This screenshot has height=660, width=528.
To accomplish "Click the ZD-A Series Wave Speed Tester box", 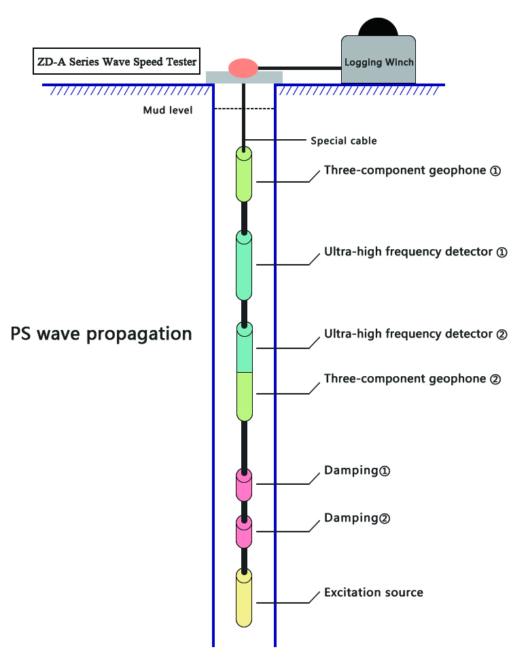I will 117,62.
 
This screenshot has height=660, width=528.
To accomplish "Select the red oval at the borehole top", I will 243,67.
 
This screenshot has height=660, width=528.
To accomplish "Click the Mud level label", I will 167,110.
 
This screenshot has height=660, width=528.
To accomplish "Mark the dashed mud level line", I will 244,109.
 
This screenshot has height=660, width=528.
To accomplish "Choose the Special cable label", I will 343,141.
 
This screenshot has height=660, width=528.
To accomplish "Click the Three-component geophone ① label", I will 412,170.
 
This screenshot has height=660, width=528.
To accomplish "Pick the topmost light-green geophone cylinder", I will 244,175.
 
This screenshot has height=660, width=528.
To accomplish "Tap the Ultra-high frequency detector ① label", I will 416,252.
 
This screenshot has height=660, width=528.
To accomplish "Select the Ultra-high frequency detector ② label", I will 416,334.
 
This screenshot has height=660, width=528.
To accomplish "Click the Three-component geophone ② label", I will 412,379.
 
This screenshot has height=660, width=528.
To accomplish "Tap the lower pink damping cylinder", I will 244,532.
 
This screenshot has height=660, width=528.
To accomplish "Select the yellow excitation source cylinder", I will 244,598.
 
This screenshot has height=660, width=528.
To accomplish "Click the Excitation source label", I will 373,593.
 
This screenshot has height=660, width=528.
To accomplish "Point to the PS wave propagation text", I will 101,334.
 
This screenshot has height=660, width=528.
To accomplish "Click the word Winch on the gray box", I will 398,62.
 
